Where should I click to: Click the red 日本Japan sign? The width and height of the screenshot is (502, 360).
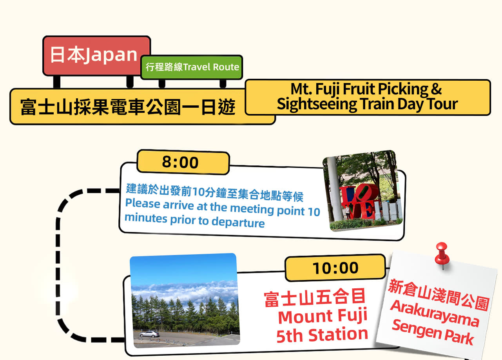[96, 56]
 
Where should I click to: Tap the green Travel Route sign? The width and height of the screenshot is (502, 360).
[192, 67]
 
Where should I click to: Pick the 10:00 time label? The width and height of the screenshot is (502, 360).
[335, 268]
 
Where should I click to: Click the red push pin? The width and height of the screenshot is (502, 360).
[442, 255]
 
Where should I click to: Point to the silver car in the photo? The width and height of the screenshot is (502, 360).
[149, 334]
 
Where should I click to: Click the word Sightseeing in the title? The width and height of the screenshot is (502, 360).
[317, 105]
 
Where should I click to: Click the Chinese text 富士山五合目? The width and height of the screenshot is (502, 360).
[315, 297]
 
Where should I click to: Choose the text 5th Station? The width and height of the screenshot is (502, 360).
[322, 335]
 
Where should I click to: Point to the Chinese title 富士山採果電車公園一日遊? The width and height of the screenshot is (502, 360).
[128, 107]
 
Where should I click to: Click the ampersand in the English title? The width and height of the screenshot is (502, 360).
[436, 89]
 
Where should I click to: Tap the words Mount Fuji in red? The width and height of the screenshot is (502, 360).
[323, 316]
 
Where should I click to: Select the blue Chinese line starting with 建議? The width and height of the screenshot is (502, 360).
[214, 193]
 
